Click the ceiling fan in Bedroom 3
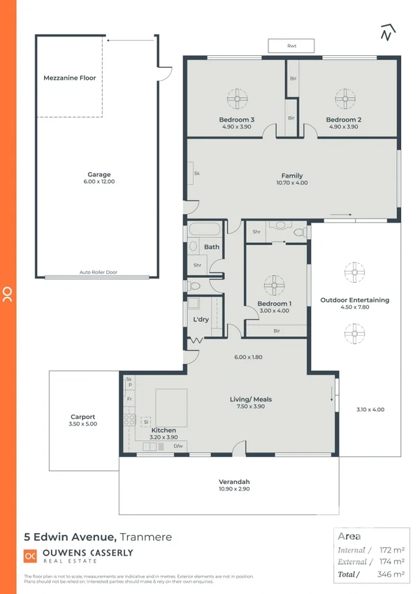coord(237,97)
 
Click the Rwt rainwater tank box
coord(291,46)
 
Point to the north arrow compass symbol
coord(386,33)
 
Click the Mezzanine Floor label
coord(70,78)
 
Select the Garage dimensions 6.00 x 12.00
coord(99,182)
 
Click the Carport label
coord(82,416)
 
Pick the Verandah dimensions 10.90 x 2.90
coord(233,489)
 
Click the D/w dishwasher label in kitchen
coord(178,446)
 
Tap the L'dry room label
coord(201,320)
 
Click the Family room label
coord(291,175)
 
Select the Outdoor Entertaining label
coord(354,300)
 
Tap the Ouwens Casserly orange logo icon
coord(30,556)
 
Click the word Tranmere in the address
coord(145,537)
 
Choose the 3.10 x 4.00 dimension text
coord(370,409)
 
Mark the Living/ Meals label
coord(251,399)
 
